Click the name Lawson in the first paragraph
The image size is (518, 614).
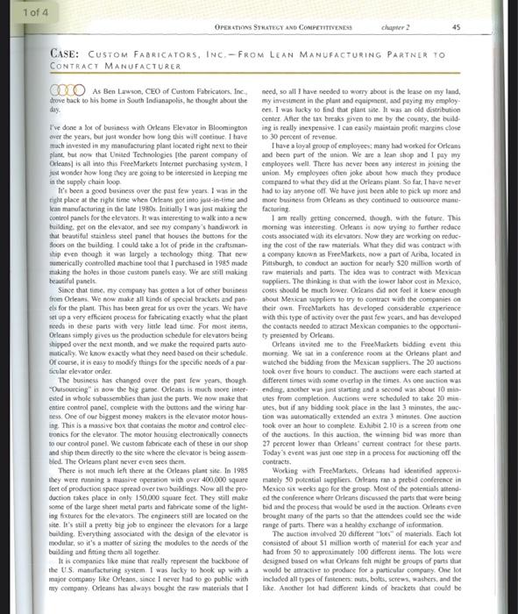tap(120, 89)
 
